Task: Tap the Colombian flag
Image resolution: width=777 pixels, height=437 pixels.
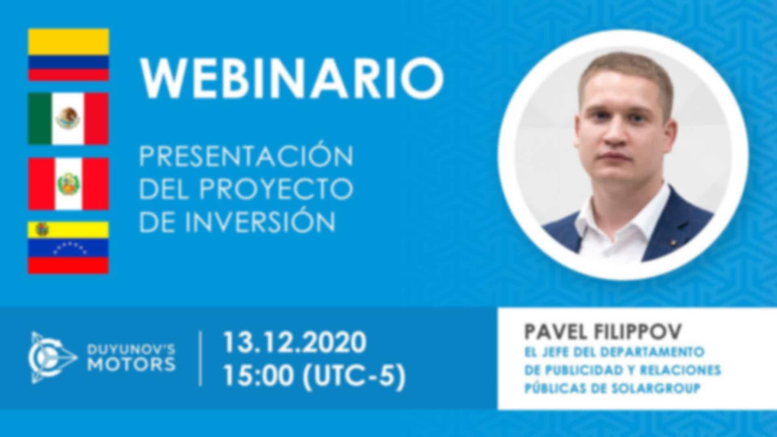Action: point(68,55)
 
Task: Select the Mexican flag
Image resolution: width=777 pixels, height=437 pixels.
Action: point(68,119)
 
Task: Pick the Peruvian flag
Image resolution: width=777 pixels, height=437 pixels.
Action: point(68,184)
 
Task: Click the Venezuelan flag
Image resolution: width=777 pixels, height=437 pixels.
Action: point(68,247)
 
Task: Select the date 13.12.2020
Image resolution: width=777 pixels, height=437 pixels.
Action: point(295,342)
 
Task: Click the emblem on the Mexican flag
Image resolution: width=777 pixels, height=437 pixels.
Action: point(68,118)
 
